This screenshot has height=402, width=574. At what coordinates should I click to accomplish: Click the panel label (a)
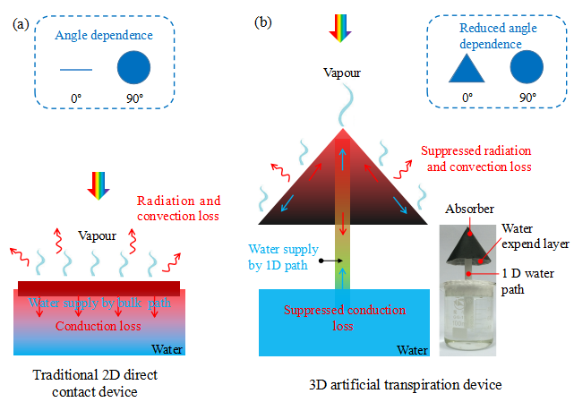[x=21, y=24]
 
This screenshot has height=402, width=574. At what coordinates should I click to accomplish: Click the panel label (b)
[x=265, y=21]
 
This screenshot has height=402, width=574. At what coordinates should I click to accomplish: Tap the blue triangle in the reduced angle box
[x=467, y=68]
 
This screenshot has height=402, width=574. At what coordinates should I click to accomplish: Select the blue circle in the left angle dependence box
[x=134, y=68]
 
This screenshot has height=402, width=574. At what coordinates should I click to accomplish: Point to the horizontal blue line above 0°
[x=76, y=69]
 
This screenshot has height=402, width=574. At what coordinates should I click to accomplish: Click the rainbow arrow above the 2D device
[x=99, y=184]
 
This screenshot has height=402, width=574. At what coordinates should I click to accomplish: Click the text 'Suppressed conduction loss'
[x=341, y=318]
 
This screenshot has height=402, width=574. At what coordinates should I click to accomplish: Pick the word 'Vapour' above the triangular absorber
[x=341, y=71]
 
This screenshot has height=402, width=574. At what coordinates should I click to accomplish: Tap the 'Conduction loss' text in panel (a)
[x=98, y=325]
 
